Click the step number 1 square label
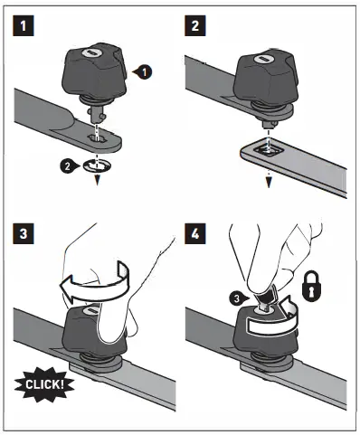pos(24,25)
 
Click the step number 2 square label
pos(195,25)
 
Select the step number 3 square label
pos(24,233)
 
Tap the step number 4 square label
pos(195,233)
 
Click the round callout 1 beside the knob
pos(144,72)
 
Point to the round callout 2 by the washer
pos(68,165)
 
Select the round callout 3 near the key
pos(237,298)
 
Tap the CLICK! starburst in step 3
pos(44,384)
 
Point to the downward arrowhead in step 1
pos(97,181)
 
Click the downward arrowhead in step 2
pos(269,183)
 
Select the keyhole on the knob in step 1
pos(90,52)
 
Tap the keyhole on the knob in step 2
pos(261,59)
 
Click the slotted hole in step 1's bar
pos(97,137)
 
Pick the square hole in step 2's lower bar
pos(268,149)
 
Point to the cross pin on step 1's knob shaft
pos(96,113)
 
